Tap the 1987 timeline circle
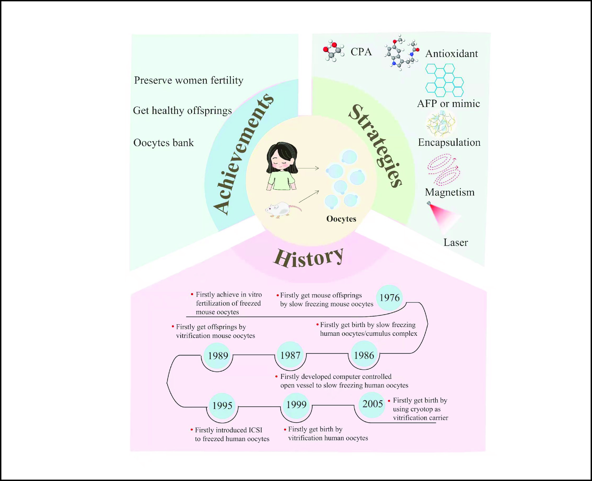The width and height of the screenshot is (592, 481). (x=290, y=355)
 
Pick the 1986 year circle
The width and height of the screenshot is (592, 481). (x=364, y=355)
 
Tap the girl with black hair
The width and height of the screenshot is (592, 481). (x=281, y=166)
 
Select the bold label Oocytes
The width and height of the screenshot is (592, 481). (x=341, y=219)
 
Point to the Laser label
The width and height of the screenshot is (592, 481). (x=456, y=242)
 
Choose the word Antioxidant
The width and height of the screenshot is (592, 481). (x=452, y=53)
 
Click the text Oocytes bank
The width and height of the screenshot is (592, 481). (x=163, y=143)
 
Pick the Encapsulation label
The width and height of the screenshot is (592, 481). (x=449, y=142)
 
